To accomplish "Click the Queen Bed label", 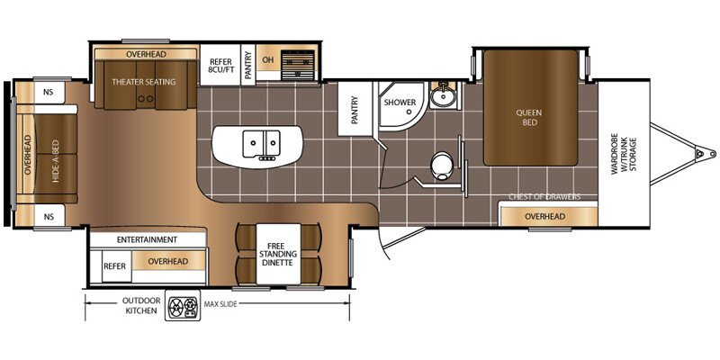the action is pyautogui.click(x=529, y=118).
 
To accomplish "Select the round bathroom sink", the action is pyautogui.click(x=442, y=95).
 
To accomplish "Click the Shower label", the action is pyautogui.click(x=400, y=103).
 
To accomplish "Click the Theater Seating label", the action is pyautogui.click(x=144, y=82).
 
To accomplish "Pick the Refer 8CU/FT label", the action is pyautogui.click(x=220, y=66).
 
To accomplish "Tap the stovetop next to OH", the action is pyautogui.click(x=298, y=65).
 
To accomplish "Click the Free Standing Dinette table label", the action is pyautogui.click(x=278, y=254).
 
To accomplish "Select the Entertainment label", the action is pyautogui.click(x=147, y=239).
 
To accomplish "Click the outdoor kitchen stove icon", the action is pyautogui.click(x=183, y=306).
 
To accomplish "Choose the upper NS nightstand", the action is pyautogui.click(x=49, y=92).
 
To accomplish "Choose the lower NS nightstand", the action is pyautogui.click(x=49, y=216).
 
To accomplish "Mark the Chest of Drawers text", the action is pyautogui.click(x=544, y=197).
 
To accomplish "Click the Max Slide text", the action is pyautogui.click(x=220, y=304).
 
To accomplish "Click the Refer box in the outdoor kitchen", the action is pyautogui.click(x=115, y=265).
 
